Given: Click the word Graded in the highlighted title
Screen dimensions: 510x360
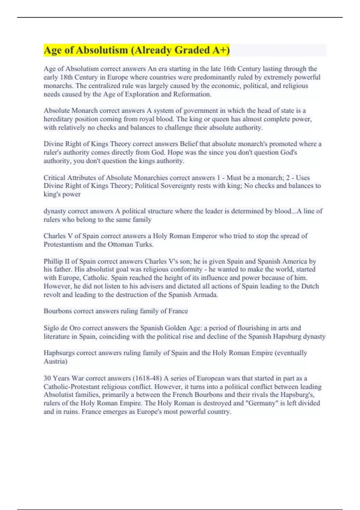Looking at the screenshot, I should click(x=191, y=50).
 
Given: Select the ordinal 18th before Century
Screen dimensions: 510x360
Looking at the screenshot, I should click(x=66, y=77).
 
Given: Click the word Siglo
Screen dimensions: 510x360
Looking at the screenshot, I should click(x=52, y=328).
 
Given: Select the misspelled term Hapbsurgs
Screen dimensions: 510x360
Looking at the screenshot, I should click(x=59, y=353).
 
